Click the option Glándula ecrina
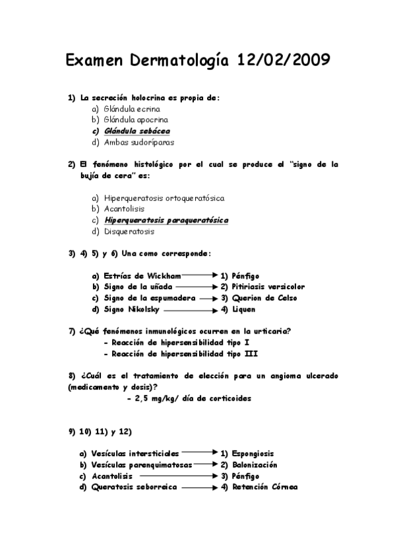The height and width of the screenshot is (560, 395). point(132,109)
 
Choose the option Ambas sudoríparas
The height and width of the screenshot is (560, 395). point(139,141)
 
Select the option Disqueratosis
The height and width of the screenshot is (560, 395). point(129,231)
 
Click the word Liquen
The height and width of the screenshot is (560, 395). point(243,309)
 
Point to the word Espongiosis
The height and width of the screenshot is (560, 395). point(253,454)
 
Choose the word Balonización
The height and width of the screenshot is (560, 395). point(253,464)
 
